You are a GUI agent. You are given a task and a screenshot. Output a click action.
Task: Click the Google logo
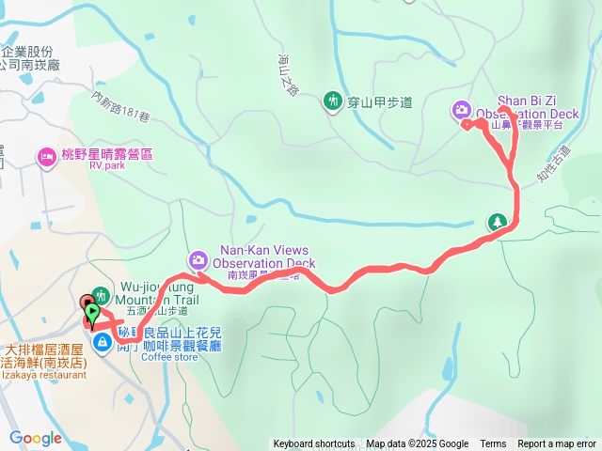pos(36,438)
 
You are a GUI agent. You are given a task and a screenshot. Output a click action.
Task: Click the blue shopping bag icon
pos(101,342)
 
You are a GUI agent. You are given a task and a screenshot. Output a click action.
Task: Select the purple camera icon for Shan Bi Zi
pos(462,110)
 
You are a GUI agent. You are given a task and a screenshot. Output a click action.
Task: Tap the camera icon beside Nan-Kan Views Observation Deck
pos(198,259)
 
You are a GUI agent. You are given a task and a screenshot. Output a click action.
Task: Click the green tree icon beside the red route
pos(497,223)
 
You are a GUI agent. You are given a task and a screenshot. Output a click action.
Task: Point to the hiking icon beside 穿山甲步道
pos(332,101)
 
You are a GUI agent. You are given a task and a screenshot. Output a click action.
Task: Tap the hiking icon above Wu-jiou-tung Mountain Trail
pos(99,298)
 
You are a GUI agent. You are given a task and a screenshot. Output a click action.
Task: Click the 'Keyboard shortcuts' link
pos(314,444)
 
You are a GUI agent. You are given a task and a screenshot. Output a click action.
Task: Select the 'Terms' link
pos(493,444)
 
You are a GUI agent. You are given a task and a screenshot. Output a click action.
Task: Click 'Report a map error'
pos(557,444)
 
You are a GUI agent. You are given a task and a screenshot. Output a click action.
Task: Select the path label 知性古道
pos(556,163)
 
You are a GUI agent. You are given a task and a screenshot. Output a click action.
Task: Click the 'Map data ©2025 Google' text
pos(417,444)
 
